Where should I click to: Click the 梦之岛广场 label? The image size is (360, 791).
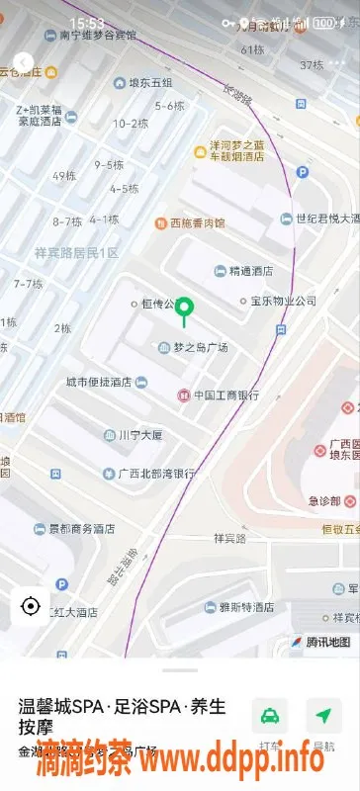click(201, 347)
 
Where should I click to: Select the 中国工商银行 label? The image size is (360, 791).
click(225, 395)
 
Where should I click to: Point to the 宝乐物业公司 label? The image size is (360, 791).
click(283, 301)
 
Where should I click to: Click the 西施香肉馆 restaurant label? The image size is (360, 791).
click(197, 223)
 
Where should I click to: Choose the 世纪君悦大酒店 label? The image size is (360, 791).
click(322, 219)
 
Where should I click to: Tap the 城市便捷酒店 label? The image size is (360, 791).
click(99, 382)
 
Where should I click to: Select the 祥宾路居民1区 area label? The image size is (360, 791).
click(76, 253)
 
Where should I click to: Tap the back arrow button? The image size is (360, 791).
click(23, 61)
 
